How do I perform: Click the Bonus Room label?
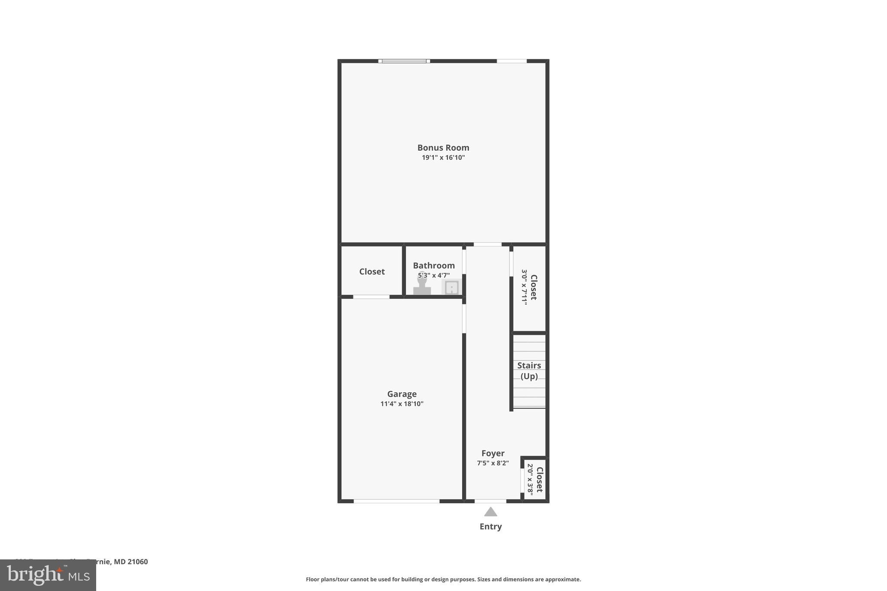tap(443, 148)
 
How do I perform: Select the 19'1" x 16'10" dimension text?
tap(443, 158)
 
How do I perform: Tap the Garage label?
tap(401, 394)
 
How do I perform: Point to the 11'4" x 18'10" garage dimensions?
tap(401, 404)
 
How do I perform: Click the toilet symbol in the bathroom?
tap(422, 286)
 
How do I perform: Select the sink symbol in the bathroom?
tap(451, 287)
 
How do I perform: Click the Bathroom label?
tap(434, 265)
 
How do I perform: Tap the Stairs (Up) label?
tap(529, 371)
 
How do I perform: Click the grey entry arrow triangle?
tap(490, 512)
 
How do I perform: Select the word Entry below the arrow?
tap(490, 526)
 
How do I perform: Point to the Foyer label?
tap(493, 453)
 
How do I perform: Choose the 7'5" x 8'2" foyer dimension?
tap(493, 463)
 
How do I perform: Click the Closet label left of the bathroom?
tap(372, 271)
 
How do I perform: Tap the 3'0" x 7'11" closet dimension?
tap(524, 287)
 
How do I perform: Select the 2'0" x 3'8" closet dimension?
tap(530, 480)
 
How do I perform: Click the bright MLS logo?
tap(48, 575)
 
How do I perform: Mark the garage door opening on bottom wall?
tap(396, 501)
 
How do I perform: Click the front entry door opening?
tap(490, 501)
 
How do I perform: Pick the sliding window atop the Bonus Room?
tap(404, 61)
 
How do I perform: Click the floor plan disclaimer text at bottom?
tap(443, 579)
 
